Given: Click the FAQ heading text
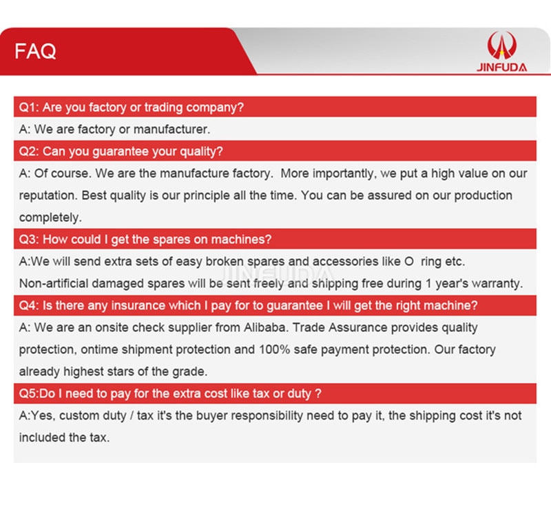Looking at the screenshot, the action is point(35,51).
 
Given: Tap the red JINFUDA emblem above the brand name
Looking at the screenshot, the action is point(502,45).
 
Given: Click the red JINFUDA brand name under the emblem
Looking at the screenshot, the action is point(502,68).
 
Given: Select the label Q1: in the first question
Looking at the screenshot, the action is point(28,107).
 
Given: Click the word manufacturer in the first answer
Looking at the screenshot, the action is point(171,130).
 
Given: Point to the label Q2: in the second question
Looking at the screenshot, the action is point(29,152).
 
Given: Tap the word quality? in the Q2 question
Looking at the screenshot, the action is point(201,152).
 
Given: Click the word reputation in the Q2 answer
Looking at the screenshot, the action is point(48,196).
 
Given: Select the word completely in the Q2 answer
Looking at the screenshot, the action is point(50,218).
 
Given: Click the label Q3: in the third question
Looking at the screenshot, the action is point(29,240).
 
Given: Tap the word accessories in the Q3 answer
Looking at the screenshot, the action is point(356,262).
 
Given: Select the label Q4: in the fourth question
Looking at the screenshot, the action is point(29,305).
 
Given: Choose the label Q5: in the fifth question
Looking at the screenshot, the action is point(28,393).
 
